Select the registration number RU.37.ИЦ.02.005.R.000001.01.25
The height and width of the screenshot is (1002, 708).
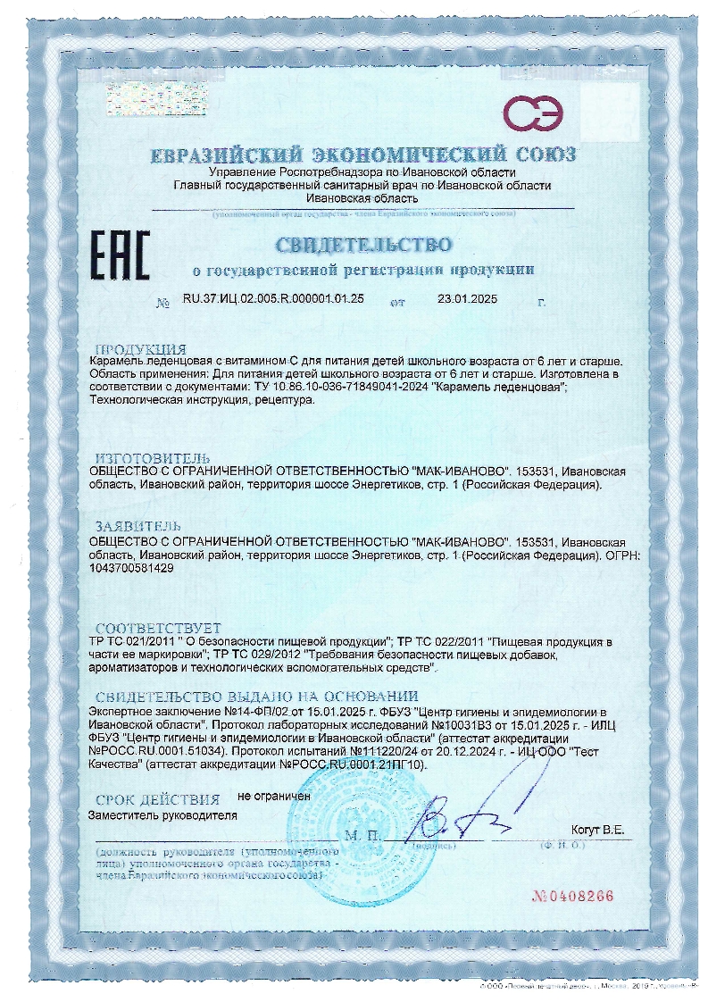(x=273, y=300)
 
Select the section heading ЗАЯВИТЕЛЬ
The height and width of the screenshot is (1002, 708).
(x=143, y=527)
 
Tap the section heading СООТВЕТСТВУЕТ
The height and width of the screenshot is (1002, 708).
(x=157, y=629)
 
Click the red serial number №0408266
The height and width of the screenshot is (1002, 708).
(x=574, y=896)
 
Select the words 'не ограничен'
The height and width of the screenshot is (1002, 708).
(x=273, y=795)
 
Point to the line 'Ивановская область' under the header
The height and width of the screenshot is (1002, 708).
(x=361, y=198)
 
